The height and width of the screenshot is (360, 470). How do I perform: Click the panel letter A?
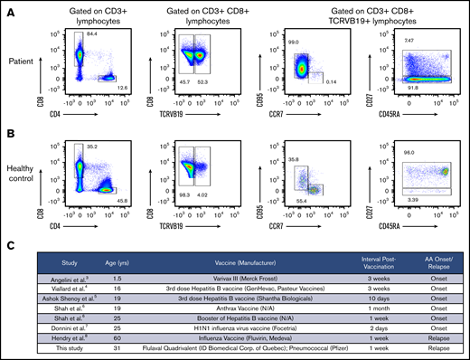click(x=8, y=6)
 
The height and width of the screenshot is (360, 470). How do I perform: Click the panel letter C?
click(x=8, y=243)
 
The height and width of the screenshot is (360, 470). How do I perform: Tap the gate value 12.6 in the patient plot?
click(x=124, y=88)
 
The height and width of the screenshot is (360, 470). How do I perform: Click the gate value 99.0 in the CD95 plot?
click(x=293, y=43)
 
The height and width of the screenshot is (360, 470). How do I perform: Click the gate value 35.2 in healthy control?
click(x=92, y=147)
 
